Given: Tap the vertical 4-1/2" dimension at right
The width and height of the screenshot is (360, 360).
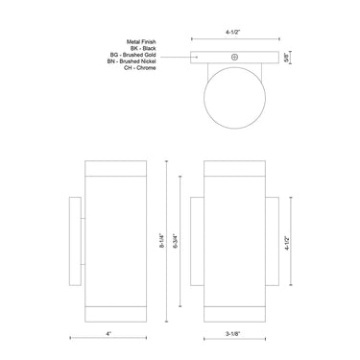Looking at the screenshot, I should click(x=300, y=241).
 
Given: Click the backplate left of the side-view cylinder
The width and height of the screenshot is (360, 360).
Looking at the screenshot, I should click(x=76, y=242).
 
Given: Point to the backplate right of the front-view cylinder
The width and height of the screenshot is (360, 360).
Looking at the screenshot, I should click(x=272, y=242).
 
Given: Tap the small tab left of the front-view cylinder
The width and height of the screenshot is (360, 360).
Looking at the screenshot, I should click(x=197, y=242).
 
